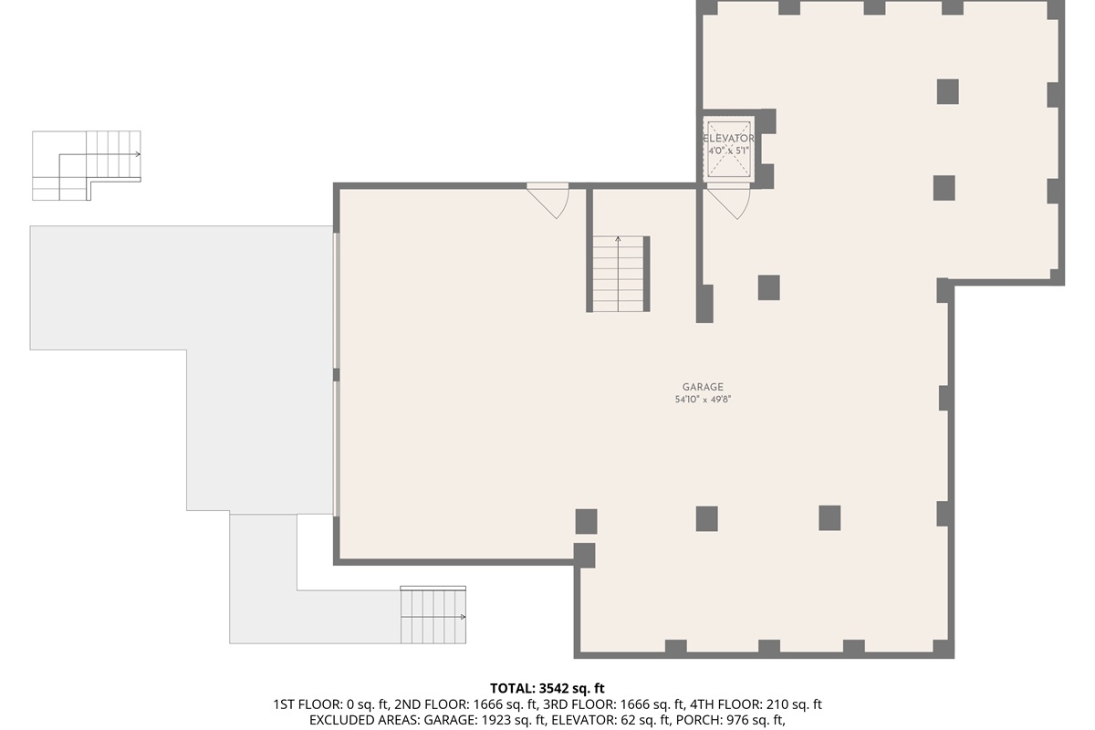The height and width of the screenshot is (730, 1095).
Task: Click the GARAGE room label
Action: coord(702,387)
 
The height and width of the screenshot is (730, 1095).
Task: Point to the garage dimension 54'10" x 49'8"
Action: coord(702,400)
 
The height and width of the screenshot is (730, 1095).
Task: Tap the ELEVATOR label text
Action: coord(728,139)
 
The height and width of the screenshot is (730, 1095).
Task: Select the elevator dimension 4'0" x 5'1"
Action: coord(728,151)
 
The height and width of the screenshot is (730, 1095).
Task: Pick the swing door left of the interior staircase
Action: coord(549,200)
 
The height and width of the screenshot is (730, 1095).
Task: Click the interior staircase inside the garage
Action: coord(619,274)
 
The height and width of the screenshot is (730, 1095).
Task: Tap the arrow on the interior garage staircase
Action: coord(619,242)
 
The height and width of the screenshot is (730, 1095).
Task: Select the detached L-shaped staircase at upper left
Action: coord(86,165)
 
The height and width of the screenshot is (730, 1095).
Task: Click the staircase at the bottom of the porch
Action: coord(433,616)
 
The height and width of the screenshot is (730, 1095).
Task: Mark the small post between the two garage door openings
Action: coord(336,375)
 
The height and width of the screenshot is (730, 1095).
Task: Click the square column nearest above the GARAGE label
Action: coord(768,287)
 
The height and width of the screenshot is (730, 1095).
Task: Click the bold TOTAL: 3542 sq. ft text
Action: coord(547,688)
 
